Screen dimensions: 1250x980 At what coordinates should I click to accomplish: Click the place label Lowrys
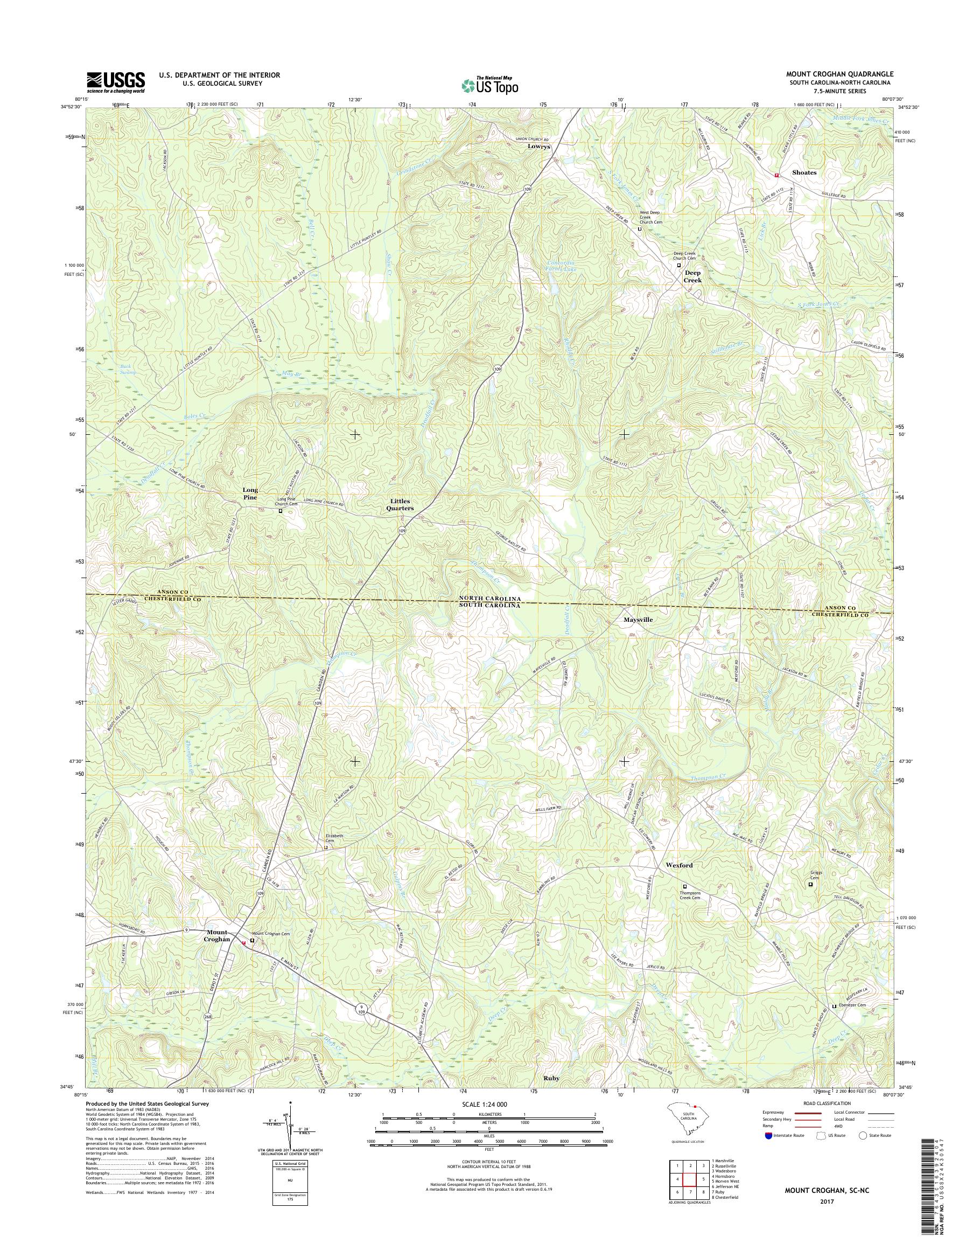[539, 147]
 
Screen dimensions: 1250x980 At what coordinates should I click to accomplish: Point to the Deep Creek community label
[692, 277]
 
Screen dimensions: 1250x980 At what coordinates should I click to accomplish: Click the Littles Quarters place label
[400, 505]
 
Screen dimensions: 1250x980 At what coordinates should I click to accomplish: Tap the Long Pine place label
[250, 494]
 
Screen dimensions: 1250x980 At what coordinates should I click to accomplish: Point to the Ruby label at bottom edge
[551, 1078]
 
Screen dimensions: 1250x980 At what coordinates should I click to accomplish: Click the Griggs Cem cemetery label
[816, 875]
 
